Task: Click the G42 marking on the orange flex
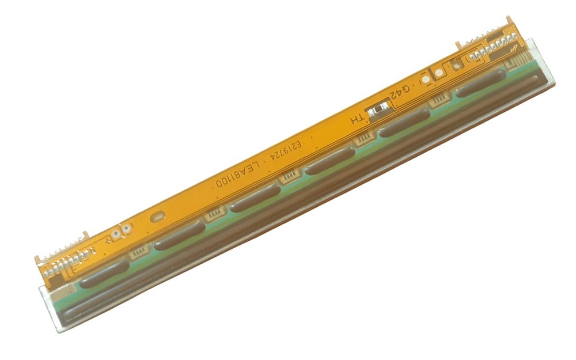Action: [406, 93]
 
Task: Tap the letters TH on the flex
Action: [358, 118]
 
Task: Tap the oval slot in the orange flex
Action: [156, 217]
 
